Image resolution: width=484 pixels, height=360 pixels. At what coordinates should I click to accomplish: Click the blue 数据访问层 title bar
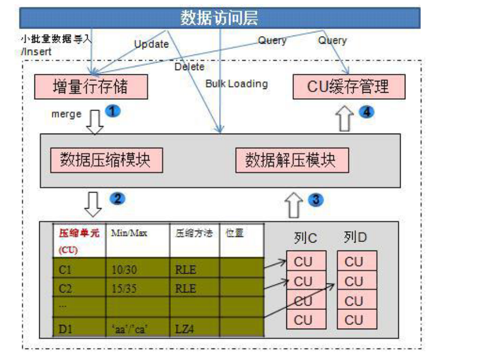[220, 18]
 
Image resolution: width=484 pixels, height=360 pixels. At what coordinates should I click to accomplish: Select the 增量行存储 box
[91, 87]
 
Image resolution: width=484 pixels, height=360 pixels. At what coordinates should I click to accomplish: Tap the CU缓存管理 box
[348, 87]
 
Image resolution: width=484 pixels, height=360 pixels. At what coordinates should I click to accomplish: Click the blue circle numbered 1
[113, 111]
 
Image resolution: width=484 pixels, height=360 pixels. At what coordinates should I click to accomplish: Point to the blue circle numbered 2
[117, 198]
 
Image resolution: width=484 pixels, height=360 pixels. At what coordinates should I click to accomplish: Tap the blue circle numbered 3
[315, 200]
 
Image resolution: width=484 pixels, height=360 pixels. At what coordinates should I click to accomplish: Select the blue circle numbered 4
[366, 112]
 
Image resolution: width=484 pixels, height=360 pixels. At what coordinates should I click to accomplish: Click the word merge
[67, 114]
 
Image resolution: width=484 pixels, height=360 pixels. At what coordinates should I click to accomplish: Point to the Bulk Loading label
[236, 84]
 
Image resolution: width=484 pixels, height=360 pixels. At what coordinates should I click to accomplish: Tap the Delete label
[190, 67]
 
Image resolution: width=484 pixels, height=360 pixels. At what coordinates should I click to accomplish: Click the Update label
[151, 44]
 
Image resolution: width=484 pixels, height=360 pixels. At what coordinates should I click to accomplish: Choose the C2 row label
[65, 288]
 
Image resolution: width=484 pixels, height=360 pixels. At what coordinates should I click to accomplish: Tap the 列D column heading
[355, 238]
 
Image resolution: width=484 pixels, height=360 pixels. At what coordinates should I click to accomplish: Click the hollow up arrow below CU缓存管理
[345, 119]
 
